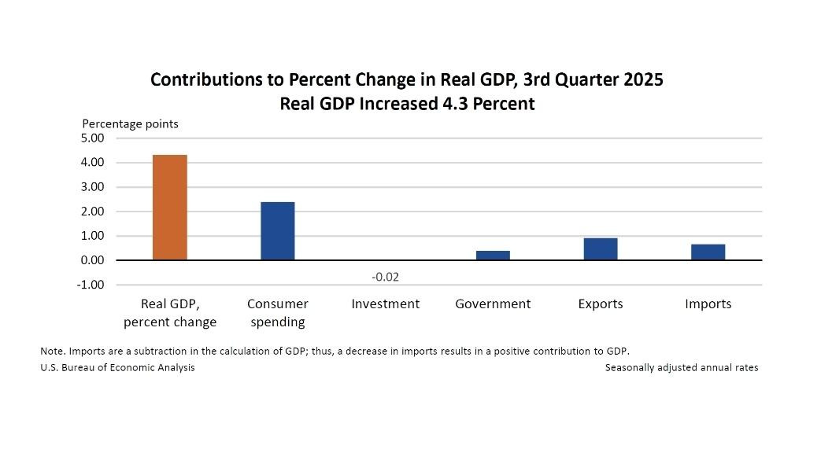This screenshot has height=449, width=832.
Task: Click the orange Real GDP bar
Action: [170, 208]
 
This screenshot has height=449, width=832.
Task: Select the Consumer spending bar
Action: [278, 231]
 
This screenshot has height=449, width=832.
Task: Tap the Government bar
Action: [493, 256]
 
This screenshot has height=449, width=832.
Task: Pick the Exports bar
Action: [601, 248]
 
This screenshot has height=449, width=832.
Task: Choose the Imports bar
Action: [708, 252]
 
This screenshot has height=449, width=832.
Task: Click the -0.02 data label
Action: [386, 278]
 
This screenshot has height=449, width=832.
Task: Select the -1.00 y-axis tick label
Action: [90, 285]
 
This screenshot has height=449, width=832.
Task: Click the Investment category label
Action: [386, 304]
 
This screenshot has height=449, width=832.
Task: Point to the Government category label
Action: [493, 304]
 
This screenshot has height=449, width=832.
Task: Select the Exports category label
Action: [601, 304]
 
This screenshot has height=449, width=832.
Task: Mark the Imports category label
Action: [708, 304]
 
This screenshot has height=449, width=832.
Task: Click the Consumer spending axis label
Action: [278, 313]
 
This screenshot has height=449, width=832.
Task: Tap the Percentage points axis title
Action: [131, 123]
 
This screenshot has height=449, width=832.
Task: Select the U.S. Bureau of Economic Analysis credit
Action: [117, 367]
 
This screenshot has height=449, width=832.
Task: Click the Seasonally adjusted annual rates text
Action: [682, 367]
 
